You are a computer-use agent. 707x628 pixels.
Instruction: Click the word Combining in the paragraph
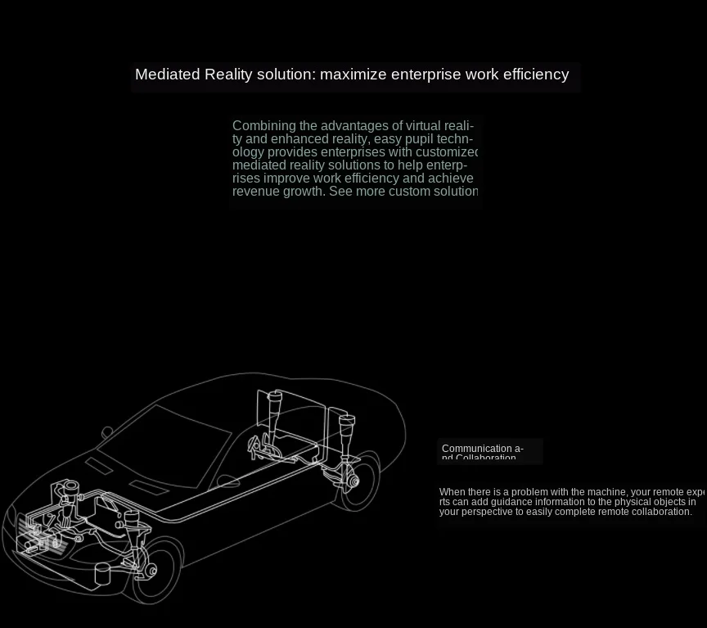263,126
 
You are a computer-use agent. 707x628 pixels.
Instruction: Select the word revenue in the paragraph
255,192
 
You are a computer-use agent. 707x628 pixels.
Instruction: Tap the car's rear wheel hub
353,481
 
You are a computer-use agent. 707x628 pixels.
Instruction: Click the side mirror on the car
107,431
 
